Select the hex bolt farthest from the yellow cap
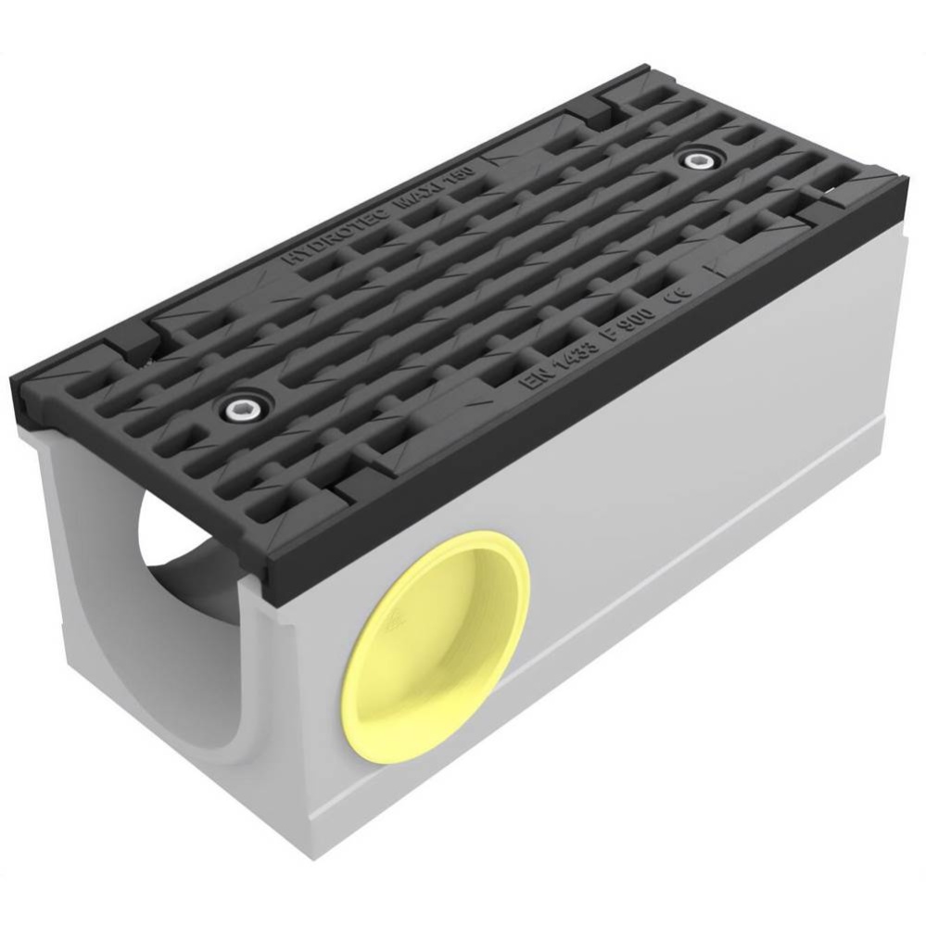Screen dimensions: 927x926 tap(693, 160)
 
